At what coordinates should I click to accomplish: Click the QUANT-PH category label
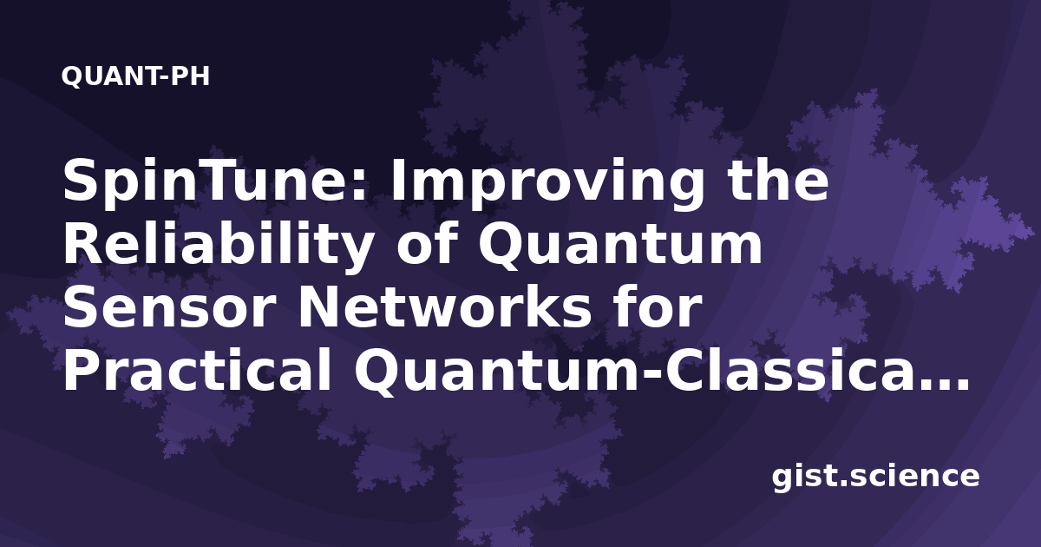click(x=135, y=76)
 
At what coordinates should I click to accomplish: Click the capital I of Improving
click(x=400, y=180)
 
